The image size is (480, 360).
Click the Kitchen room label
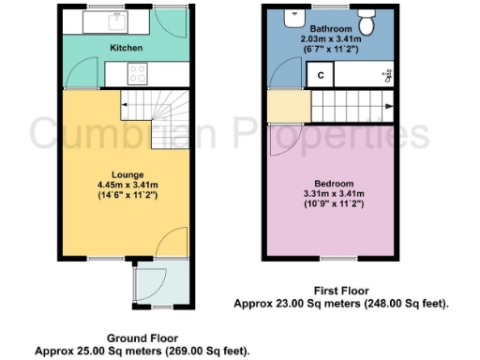(127, 47)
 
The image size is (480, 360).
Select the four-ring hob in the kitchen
(137, 72)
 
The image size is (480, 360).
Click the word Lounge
(127, 175)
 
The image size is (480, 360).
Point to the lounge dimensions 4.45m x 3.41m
(127, 186)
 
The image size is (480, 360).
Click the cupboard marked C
(321, 74)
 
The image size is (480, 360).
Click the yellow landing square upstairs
(281, 108)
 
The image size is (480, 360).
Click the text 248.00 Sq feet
(409, 304)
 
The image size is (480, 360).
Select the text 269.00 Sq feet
(210, 350)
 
